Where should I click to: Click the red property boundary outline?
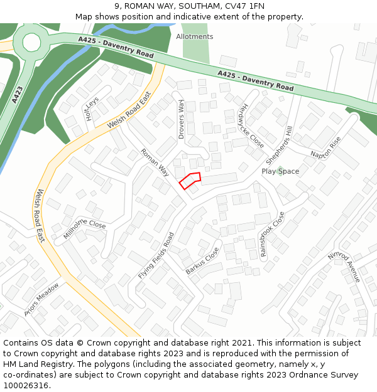click(x=190, y=181)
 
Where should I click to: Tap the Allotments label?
click(x=194, y=37)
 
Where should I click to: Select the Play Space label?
click(x=280, y=171)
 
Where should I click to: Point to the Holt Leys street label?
click(x=92, y=109)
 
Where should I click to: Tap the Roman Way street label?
click(x=155, y=162)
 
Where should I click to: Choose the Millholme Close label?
click(x=84, y=229)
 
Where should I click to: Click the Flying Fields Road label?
click(x=155, y=257)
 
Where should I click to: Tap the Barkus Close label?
click(x=202, y=260)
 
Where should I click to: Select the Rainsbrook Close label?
click(x=272, y=235)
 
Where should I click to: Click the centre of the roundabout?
click(x=32, y=42)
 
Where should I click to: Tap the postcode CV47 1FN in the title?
click(x=243, y=6)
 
